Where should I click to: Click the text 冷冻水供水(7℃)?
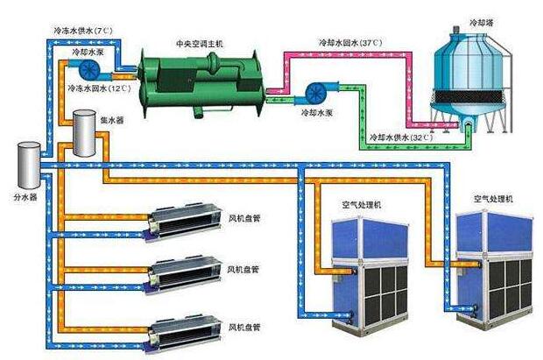pyautogui.click(x=81, y=31)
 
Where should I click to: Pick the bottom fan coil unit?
pyautogui.click(x=180, y=332)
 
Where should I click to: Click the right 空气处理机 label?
pyautogui.click(x=496, y=200)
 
